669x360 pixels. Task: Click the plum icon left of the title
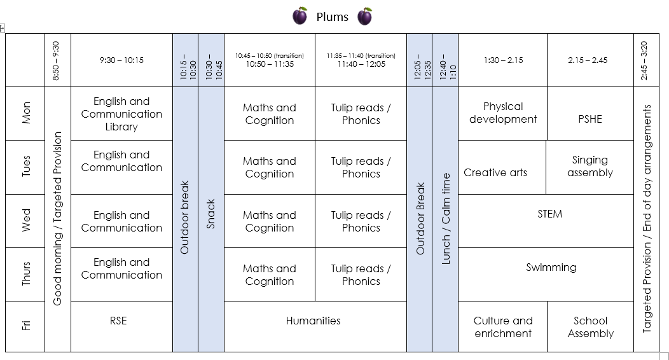300,17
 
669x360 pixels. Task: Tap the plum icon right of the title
364,17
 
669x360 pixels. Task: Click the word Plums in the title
332,17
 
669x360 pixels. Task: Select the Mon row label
26,113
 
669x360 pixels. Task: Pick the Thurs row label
26,274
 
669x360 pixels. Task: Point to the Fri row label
26,326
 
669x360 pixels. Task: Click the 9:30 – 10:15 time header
121,60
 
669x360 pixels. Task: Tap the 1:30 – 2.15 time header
502,60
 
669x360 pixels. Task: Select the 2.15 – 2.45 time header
588,60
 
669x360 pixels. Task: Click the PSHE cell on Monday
590,119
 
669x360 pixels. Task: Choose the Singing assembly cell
590,167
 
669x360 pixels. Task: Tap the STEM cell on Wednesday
549,214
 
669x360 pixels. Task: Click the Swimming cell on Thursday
551,268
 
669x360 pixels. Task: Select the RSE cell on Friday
119,321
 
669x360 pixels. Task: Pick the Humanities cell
313,321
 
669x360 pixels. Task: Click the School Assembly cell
590,327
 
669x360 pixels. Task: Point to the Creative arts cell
495,172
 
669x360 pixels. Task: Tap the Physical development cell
502,113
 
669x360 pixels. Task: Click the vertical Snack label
211,214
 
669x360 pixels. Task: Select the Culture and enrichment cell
503,327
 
